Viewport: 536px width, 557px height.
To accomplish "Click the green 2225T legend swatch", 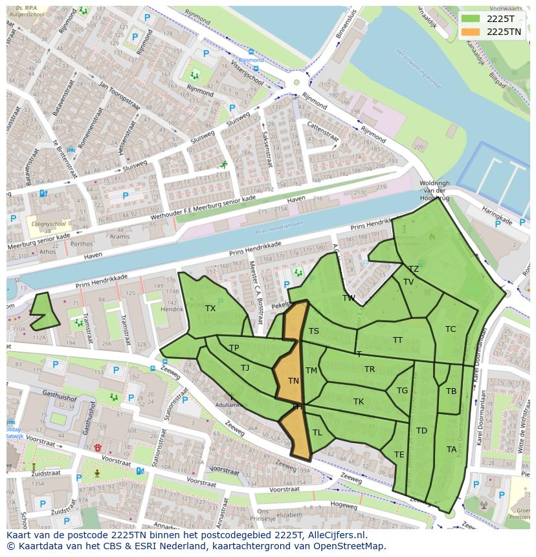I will pos(471,19).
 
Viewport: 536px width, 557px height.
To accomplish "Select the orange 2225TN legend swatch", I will pos(471,32).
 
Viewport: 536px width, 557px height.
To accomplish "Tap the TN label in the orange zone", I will pos(293,381).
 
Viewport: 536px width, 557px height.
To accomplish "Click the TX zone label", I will pos(210,309).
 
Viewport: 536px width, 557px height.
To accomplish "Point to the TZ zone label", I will pos(413,269).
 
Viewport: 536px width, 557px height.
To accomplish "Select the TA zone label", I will pos(451,450).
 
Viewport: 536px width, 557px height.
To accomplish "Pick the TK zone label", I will pos(359,402).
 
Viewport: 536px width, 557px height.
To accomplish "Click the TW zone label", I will pos(349,298).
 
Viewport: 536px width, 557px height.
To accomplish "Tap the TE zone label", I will pos(399,455).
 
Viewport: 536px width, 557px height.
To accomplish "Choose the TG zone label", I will pos(402,391).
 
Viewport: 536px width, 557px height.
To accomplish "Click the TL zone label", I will pos(317,433).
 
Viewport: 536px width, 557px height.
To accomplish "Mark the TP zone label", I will pos(234,348).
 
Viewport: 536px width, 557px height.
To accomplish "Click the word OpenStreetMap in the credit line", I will pos(350,546).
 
